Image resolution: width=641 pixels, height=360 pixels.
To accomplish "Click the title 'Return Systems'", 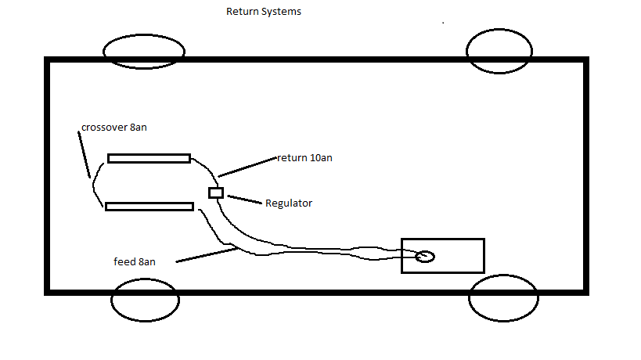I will pos(263,12).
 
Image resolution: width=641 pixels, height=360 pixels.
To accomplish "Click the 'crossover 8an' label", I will pos(113,128).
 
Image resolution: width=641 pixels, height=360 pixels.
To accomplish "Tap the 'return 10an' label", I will pos(304,158).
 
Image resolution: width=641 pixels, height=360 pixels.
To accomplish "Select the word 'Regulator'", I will pos(289,203).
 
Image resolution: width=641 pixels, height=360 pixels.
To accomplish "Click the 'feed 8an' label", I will pos(135,261).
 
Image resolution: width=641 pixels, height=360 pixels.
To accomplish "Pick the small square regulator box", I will pos(216,193).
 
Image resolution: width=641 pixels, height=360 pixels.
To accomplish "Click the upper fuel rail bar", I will pos(149,158).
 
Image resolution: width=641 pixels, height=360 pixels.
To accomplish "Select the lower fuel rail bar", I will pos(149,207).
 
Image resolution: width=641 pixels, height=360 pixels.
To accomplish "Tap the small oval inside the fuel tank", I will pos(425,256).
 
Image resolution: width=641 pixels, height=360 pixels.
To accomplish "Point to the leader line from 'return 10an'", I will pos(247,167).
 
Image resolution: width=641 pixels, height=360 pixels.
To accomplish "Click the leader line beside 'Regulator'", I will pos(245,199).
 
